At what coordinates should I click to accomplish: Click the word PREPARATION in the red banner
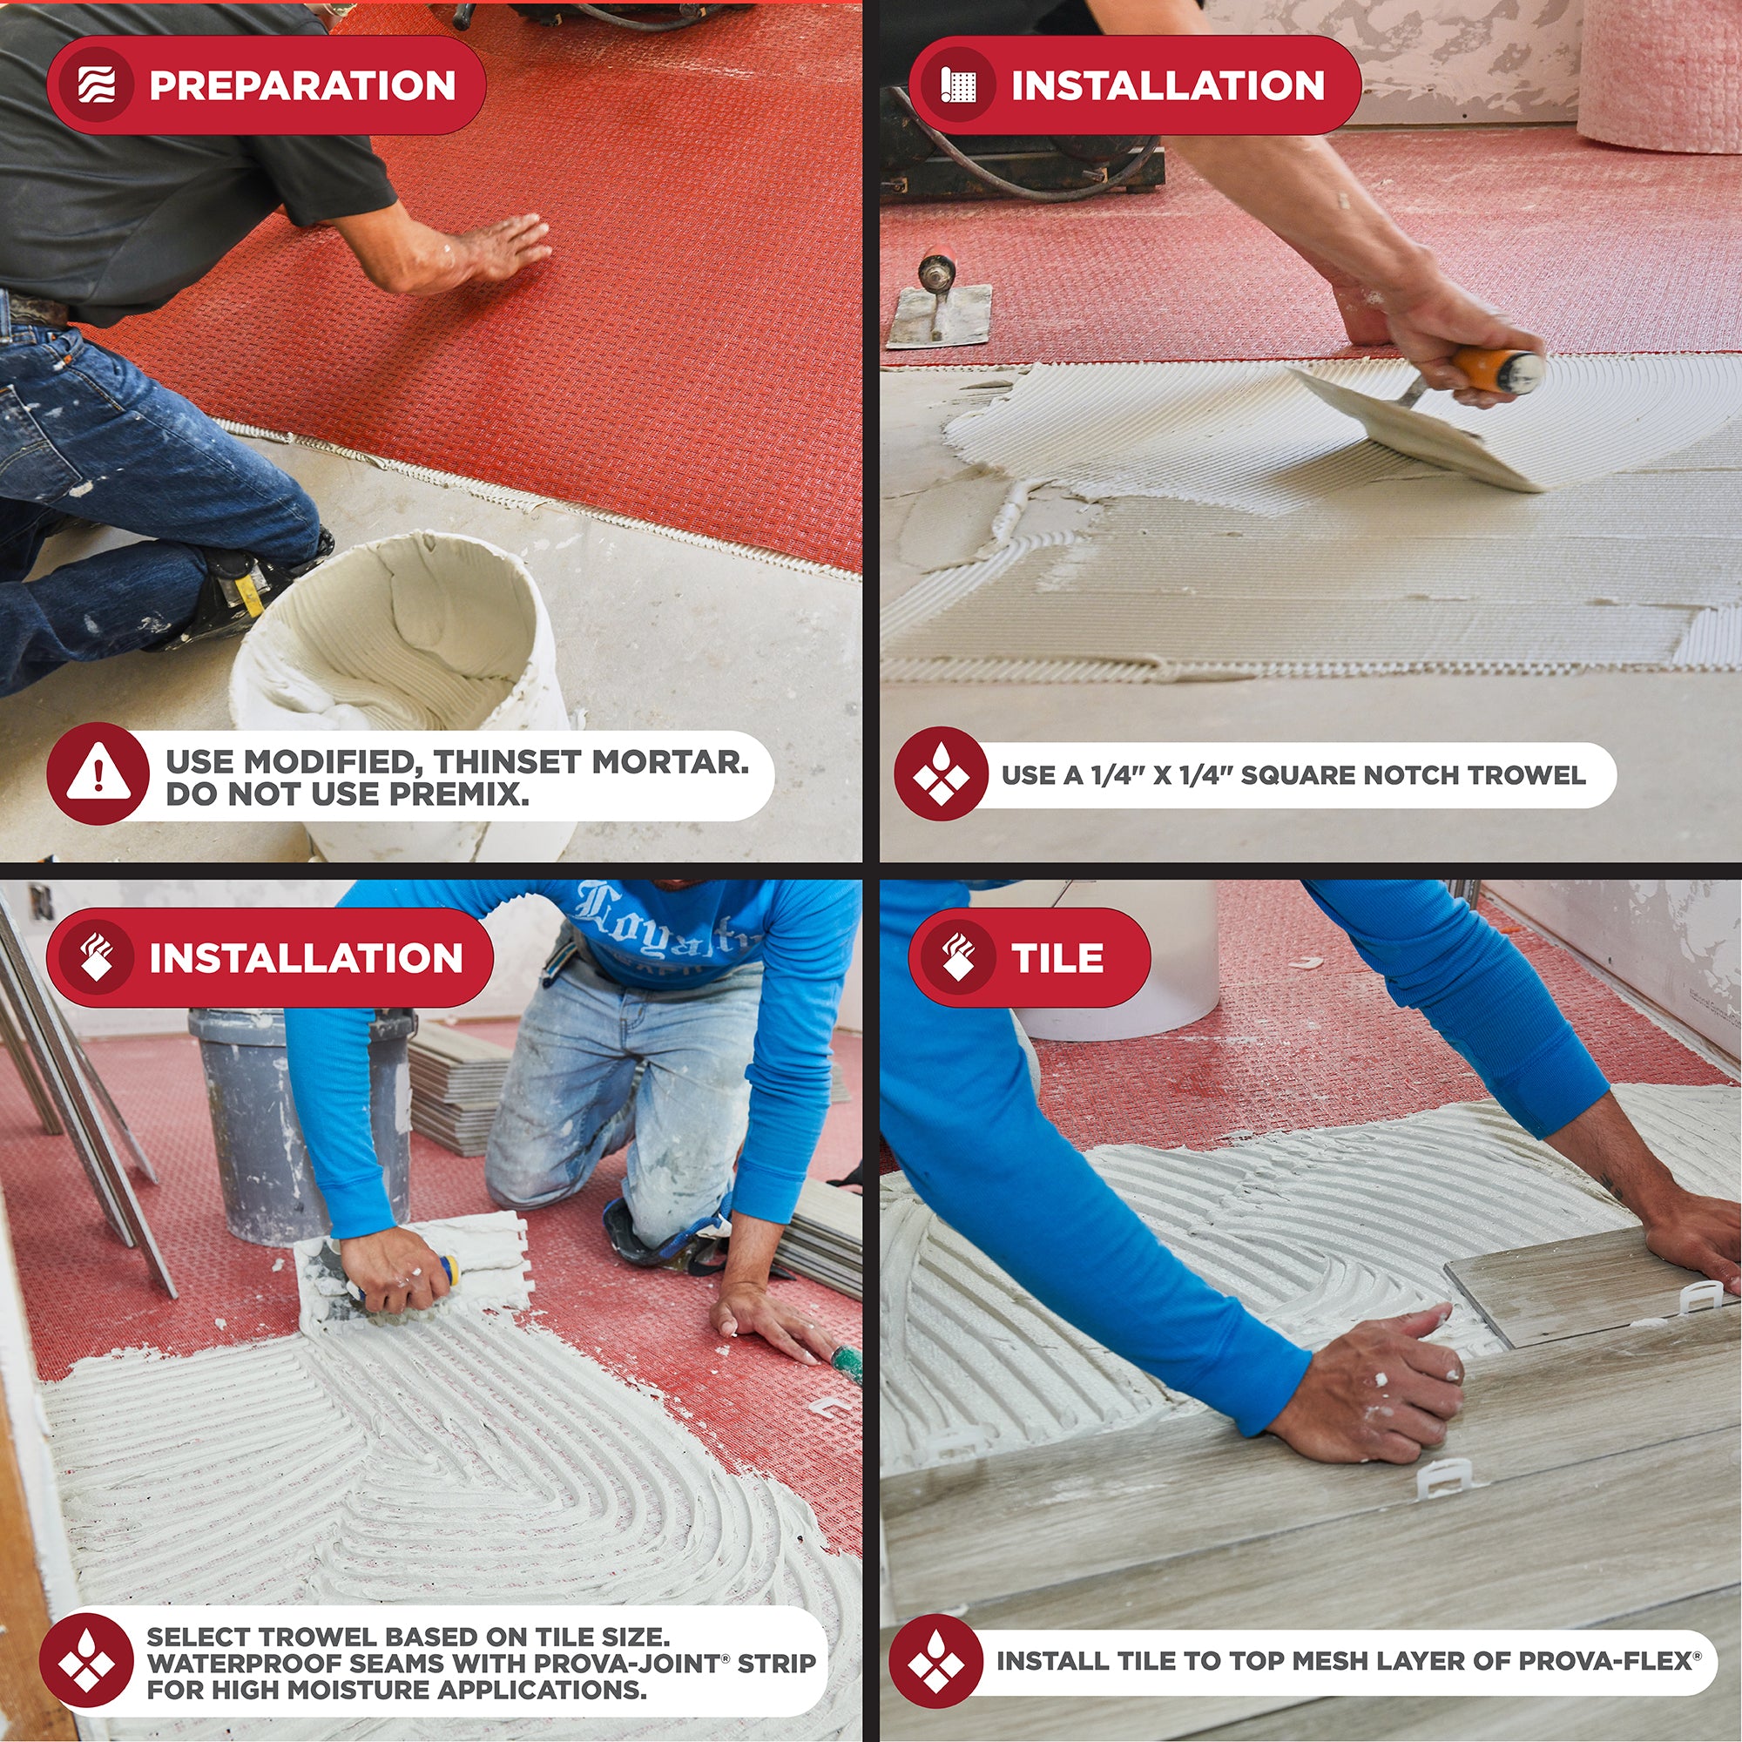tap(302, 85)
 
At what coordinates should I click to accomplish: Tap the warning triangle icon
tap(98, 773)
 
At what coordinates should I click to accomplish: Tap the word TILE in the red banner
tap(1057, 957)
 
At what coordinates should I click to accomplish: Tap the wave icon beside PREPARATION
tap(97, 85)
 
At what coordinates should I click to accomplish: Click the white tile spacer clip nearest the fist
tap(1446, 1479)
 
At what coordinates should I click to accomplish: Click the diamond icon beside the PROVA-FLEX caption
tap(935, 1661)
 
